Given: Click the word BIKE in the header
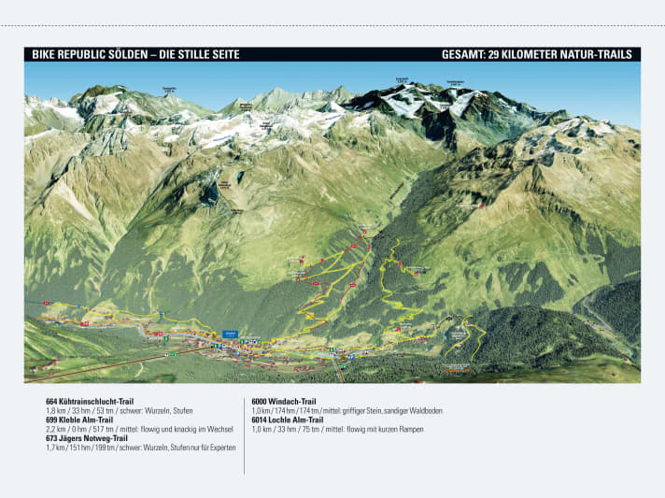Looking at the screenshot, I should click(44, 55).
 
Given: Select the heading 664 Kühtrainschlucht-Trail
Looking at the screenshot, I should click(97, 401).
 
